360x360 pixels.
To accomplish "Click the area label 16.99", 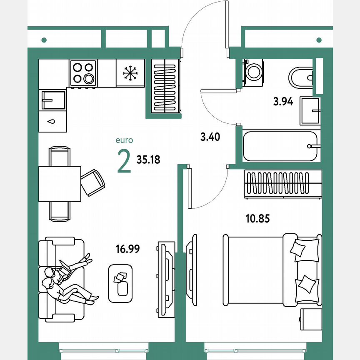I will (127, 249).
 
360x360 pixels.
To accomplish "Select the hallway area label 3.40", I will (210, 137).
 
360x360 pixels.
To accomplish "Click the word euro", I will (125, 141).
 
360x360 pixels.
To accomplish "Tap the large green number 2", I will (124, 162).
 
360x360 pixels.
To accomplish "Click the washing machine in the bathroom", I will (252, 71).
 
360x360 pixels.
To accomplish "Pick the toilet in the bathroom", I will (300, 77).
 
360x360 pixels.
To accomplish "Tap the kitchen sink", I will (53, 100).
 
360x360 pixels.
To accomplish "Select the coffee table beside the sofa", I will (121, 283).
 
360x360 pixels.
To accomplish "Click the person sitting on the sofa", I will (62, 281).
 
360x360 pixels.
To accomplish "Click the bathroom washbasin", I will (310, 111).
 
